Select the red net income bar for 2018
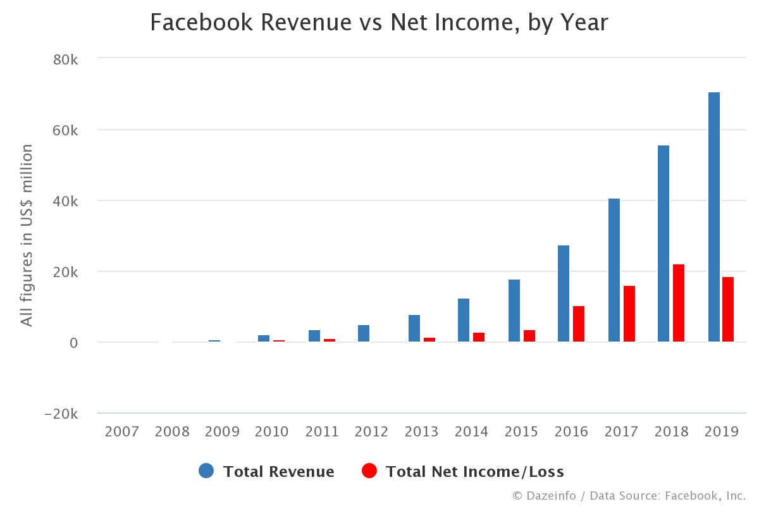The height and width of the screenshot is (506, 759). (679, 303)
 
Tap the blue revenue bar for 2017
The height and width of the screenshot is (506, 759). (614, 270)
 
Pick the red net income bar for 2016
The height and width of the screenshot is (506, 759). (579, 324)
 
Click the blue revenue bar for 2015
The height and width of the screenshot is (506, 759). (514, 311)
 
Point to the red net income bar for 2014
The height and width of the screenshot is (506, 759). (479, 337)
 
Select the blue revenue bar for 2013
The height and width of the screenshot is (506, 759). (414, 328)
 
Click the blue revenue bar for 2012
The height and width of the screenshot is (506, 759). (364, 333)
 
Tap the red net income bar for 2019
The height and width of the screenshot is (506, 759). (728, 309)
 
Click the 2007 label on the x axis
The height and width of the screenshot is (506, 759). (122, 432)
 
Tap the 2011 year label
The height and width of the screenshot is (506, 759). (323, 432)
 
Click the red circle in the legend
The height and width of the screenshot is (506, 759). (369, 471)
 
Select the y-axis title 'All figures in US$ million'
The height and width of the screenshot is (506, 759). (27, 235)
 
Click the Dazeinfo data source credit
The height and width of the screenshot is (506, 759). (629, 496)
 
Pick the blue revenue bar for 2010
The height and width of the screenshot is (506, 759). (264, 338)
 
